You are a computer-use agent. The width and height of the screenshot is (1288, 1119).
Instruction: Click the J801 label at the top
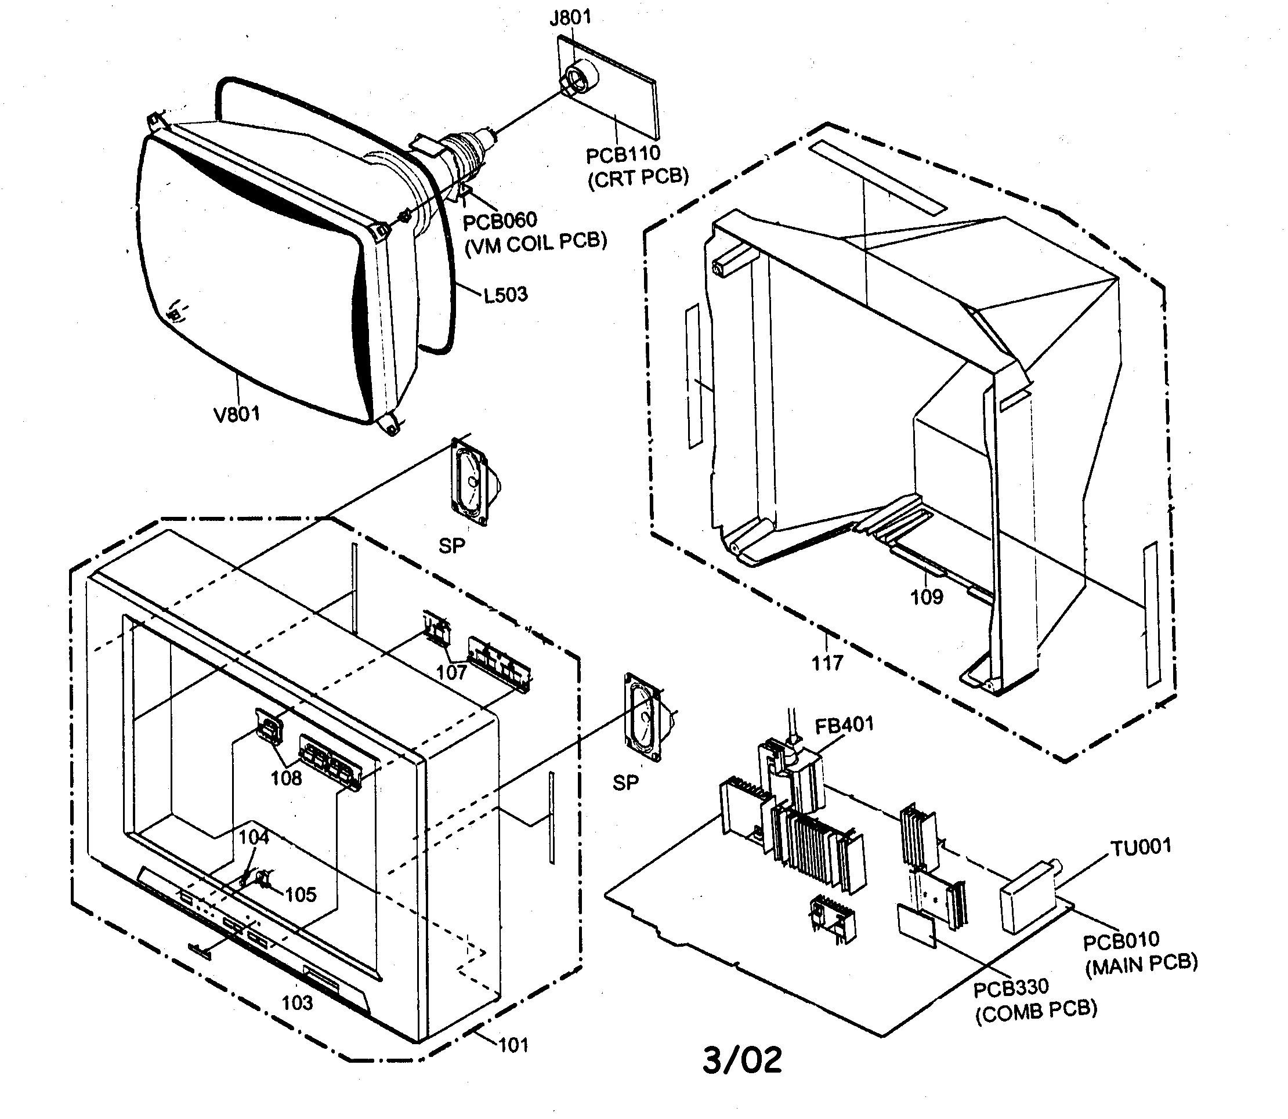(569, 17)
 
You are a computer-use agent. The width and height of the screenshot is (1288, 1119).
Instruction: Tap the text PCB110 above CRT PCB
(622, 154)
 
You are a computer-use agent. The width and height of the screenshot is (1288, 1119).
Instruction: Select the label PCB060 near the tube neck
(499, 220)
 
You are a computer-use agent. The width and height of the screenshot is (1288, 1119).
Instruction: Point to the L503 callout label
(505, 294)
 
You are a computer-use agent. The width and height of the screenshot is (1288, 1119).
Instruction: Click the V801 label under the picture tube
(237, 414)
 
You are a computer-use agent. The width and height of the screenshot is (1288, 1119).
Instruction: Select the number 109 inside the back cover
(927, 597)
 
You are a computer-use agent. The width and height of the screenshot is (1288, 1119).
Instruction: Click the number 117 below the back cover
(827, 662)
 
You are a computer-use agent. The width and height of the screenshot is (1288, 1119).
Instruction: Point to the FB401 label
(844, 725)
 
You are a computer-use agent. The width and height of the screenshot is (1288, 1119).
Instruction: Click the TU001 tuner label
(1140, 848)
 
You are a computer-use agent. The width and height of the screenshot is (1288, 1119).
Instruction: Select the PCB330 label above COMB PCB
(1011, 988)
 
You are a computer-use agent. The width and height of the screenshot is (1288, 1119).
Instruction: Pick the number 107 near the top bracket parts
(451, 672)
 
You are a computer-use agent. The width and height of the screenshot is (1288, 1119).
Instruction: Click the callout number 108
(286, 778)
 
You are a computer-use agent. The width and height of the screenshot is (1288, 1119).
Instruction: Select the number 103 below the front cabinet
(296, 1003)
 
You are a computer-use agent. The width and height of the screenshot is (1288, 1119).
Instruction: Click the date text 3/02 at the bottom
(742, 1060)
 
